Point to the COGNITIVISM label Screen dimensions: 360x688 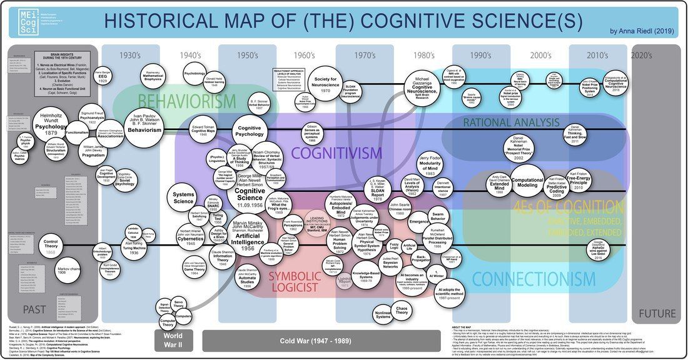click(x=336, y=152)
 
